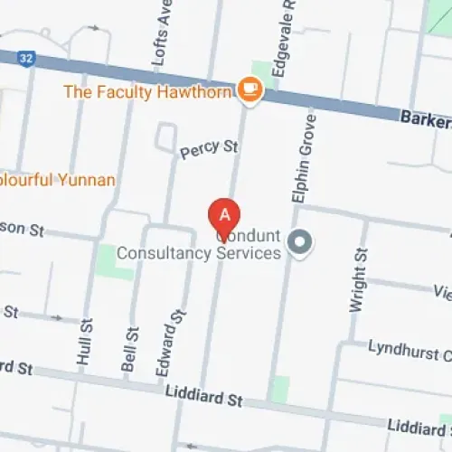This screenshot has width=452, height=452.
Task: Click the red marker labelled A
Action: click(x=225, y=216)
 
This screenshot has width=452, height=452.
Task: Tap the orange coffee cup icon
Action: click(x=249, y=90)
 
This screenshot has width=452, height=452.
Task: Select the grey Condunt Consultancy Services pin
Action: click(x=299, y=241)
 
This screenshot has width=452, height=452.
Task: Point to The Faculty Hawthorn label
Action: click(x=148, y=91)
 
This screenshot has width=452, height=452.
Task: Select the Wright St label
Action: click(x=359, y=281)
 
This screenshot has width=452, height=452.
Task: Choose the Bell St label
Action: click(x=129, y=348)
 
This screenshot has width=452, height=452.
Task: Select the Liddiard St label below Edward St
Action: click(x=205, y=395)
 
